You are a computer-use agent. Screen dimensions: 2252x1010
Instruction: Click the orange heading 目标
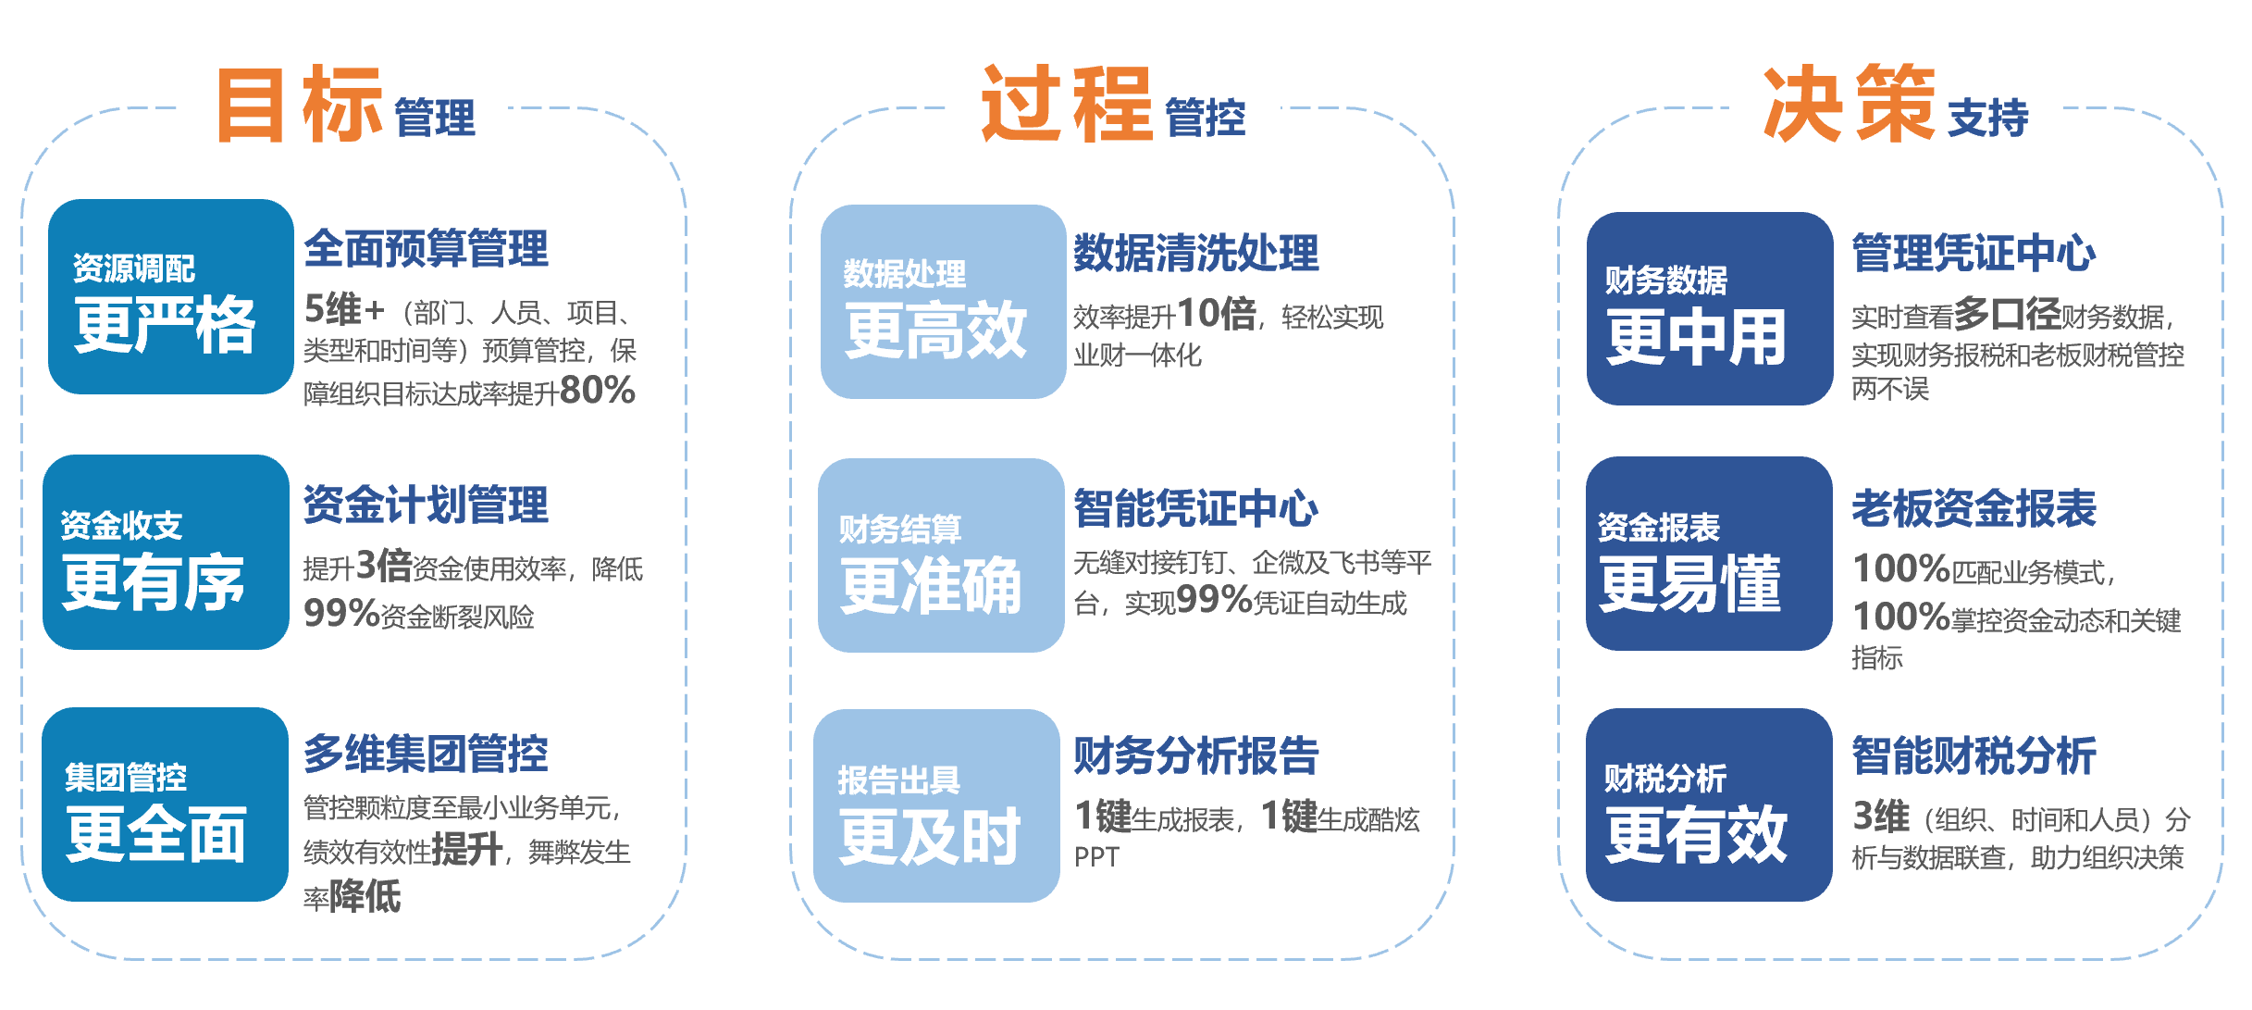[x=299, y=104]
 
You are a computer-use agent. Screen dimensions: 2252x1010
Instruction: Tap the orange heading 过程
[x=1067, y=104]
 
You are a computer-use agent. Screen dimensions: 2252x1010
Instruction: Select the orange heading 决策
[x=1849, y=104]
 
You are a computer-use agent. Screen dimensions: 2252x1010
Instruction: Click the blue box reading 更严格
[x=171, y=297]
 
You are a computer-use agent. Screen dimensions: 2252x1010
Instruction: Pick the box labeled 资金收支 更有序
[x=167, y=552]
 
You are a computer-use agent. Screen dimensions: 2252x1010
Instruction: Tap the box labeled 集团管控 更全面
[x=166, y=804]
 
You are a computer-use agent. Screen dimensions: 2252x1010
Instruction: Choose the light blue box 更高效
[x=944, y=302]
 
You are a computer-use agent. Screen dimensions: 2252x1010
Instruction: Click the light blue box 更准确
[x=941, y=555]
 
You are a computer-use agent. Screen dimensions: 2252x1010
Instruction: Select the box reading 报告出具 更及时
[x=936, y=805]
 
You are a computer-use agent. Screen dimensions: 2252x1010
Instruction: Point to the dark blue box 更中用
[x=1710, y=308]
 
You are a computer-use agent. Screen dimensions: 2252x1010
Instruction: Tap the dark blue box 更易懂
[x=1709, y=554]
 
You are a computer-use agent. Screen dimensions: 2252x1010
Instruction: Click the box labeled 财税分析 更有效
[x=1709, y=804]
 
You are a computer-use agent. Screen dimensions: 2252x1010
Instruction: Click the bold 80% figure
[x=598, y=391]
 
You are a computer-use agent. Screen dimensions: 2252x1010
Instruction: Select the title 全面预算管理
[x=427, y=249]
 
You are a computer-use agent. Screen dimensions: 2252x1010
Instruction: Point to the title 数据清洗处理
[x=1196, y=253]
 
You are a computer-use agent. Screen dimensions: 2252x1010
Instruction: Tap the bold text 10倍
[x=1217, y=314]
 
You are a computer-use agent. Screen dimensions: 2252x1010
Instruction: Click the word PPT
[x=1096, y=857]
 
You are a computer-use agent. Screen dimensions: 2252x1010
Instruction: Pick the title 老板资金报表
[x=1974, y=508]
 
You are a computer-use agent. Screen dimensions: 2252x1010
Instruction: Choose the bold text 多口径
[x=2008, y=314]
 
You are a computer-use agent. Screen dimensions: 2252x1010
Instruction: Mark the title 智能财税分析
[x=1974, y=755]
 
